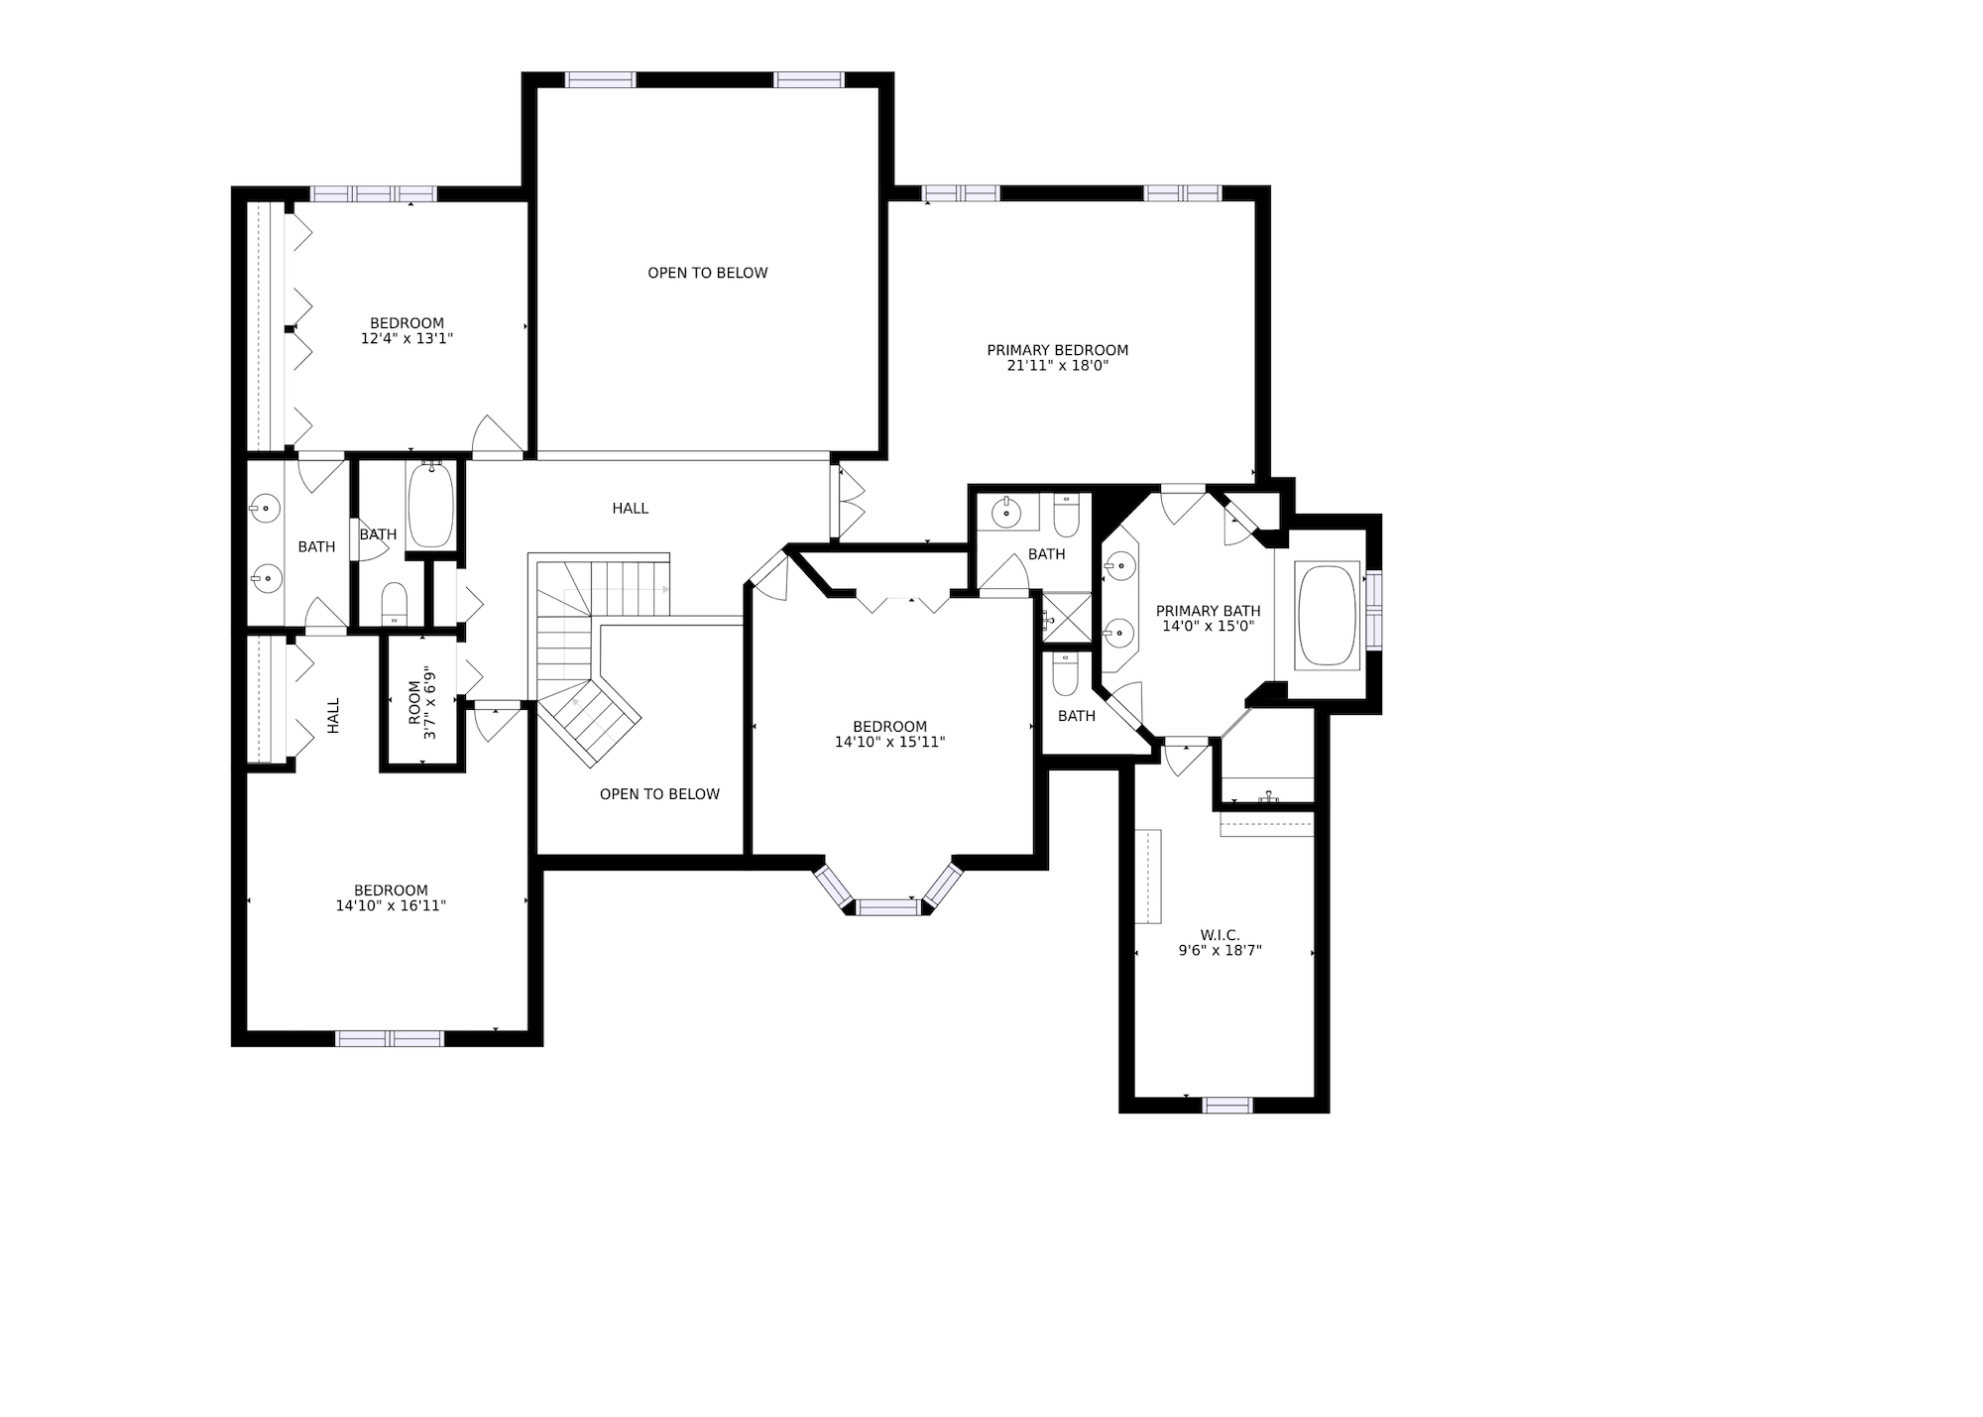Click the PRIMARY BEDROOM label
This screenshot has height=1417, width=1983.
click(x=1057, y=350)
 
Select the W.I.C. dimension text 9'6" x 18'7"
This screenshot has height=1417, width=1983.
click(x=1220, y=950)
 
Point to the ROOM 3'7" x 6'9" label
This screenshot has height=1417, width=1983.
click(x=422, y=702)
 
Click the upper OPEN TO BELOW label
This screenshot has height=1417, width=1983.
click(x=708, y=273)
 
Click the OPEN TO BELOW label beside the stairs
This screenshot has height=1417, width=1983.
click(x=659, y=794)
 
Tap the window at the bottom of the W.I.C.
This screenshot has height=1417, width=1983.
click(x=1227, y=1105)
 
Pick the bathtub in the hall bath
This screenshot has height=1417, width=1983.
click(x=430, y=505)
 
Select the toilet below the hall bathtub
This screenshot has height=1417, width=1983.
click(x=395, y=603)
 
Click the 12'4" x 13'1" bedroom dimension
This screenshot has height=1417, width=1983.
click(x=407, y=338)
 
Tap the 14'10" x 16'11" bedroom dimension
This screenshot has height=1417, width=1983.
click(x=391, y=905)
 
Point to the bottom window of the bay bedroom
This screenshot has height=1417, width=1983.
click(x=887, y=906)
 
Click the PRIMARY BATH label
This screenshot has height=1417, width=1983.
click(x=1209, y=611)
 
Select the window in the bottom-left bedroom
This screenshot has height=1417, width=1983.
click(x=390, y=1038)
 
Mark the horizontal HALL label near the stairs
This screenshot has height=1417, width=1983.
click(x=631, y=509)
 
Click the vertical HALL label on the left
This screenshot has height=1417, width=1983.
click(x=334, y=716)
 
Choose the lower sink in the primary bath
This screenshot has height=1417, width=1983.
click(x=1119, y=630)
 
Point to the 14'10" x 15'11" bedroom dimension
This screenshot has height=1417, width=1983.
click(x=889, y=742)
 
